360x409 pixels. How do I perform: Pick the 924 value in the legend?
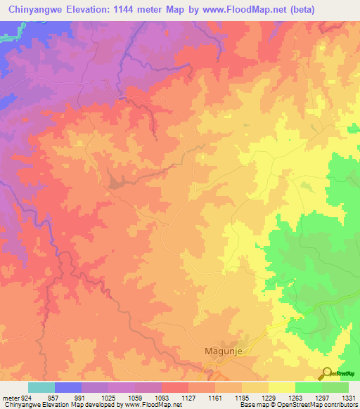25,396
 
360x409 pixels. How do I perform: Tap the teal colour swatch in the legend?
41,387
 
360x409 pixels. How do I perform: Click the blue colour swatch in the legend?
67,387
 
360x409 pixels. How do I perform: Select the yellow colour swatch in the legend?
281,387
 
